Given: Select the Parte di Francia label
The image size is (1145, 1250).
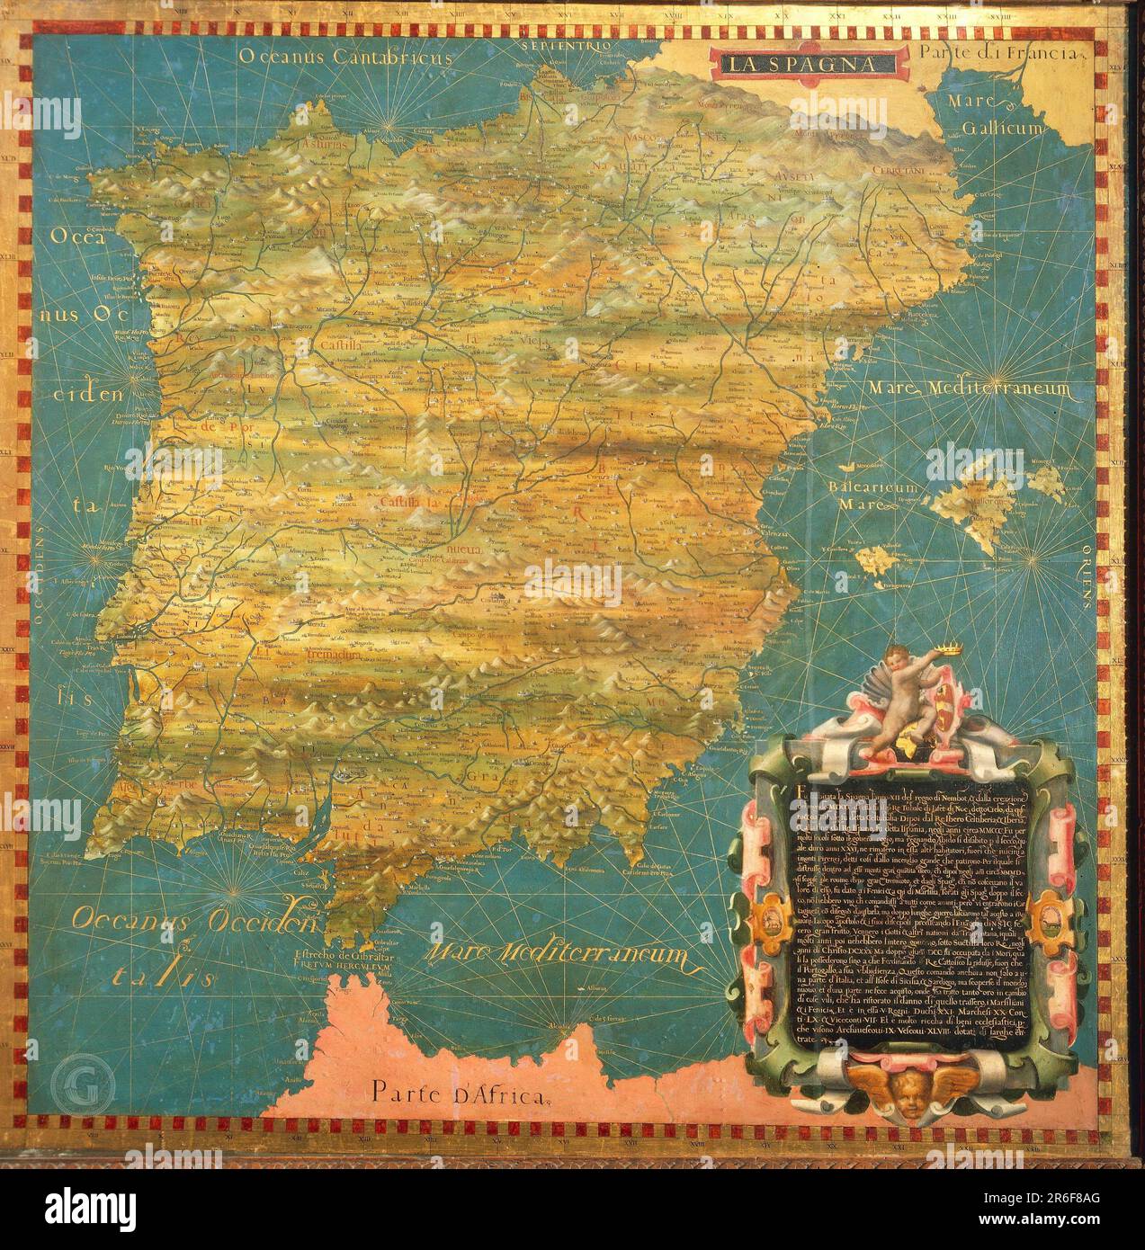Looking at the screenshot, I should (x=997, y=53).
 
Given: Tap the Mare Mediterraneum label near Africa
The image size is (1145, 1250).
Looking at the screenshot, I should (x=562, y=960).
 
